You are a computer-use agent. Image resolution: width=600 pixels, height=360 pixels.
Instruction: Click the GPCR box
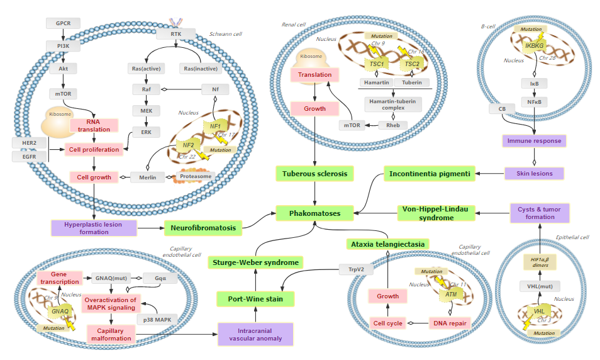click(64, 23)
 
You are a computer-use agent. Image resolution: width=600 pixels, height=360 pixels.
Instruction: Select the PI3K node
click(64, 46)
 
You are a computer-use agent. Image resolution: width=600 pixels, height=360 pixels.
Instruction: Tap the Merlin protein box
click(147, 177)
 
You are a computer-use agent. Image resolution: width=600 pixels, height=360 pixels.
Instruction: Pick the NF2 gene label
click(188, 145)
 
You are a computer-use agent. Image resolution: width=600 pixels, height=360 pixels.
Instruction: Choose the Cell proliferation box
click(94, 149)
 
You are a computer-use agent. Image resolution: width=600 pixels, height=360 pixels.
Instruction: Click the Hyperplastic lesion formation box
click(93, 228)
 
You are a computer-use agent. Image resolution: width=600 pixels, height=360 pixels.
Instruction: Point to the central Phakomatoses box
click(314, 213)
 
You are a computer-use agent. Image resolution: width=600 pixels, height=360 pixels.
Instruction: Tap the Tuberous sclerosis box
click(314, 173)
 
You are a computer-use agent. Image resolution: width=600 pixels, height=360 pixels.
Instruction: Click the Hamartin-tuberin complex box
click(394, 103)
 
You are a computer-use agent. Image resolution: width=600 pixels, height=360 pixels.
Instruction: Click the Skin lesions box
click(534, 173)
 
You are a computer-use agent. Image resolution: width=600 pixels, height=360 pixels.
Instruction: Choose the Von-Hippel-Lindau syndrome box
click(436, 213)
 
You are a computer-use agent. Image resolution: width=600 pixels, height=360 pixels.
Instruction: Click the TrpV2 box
click(352, 269)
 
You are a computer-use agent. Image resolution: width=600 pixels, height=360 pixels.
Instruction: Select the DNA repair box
click(449, 323)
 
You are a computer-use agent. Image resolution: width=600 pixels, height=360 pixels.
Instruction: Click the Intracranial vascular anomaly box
click(256, 334)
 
